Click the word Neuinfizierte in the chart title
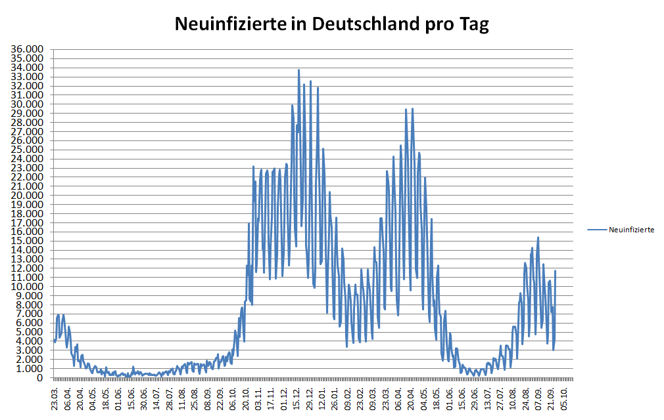pos(229,24)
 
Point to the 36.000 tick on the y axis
pos(29,49)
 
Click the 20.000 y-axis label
pos(29,196)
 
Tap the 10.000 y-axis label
pos(29,287)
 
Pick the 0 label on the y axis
pos(39,378)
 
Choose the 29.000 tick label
pos(29,114)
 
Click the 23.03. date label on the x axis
pos(56,398)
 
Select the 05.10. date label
pos(565,398)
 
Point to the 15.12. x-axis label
pos(297,398)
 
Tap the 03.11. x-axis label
pos(259,398)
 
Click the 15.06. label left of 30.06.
pos(131,398)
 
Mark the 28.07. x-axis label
pos(170,398)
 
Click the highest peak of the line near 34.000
pos(298,70)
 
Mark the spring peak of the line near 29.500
pos(412,109)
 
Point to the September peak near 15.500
pos(538,238)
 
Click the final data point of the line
pos(556,270)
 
